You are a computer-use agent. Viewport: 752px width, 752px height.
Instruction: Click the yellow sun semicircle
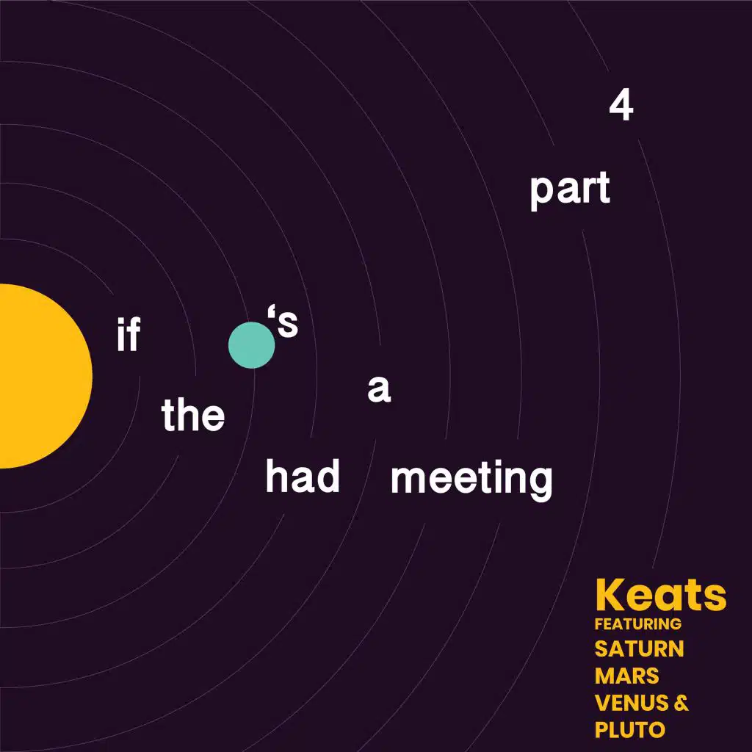(40, 376)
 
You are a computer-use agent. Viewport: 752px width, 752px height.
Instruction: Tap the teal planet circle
(251, 344)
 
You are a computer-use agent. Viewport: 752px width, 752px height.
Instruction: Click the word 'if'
(129, 336)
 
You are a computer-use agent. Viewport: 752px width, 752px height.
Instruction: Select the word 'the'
(193, 416)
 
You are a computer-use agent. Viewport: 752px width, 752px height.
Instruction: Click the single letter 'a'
(379, 390)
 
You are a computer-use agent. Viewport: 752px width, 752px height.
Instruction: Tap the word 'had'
(303, 478)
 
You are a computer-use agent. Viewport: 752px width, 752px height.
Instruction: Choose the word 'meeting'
(471, 480)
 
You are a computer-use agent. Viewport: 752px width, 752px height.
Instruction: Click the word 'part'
(570, 190)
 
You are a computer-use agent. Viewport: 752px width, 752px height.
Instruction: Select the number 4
(621, 107)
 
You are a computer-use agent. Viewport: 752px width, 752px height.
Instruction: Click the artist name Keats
(660, 596)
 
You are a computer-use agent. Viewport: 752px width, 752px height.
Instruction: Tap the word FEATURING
(637, 624)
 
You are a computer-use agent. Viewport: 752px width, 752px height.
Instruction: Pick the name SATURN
(639, 649)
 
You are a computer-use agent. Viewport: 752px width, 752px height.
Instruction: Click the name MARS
(626, 676)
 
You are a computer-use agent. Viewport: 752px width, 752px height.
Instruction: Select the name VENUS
(632, 703)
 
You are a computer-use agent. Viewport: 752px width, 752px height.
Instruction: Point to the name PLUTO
(629, 730)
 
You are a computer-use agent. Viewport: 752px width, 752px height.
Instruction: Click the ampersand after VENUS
(681, 703)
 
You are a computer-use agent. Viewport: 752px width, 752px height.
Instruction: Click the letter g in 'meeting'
(538, 483)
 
